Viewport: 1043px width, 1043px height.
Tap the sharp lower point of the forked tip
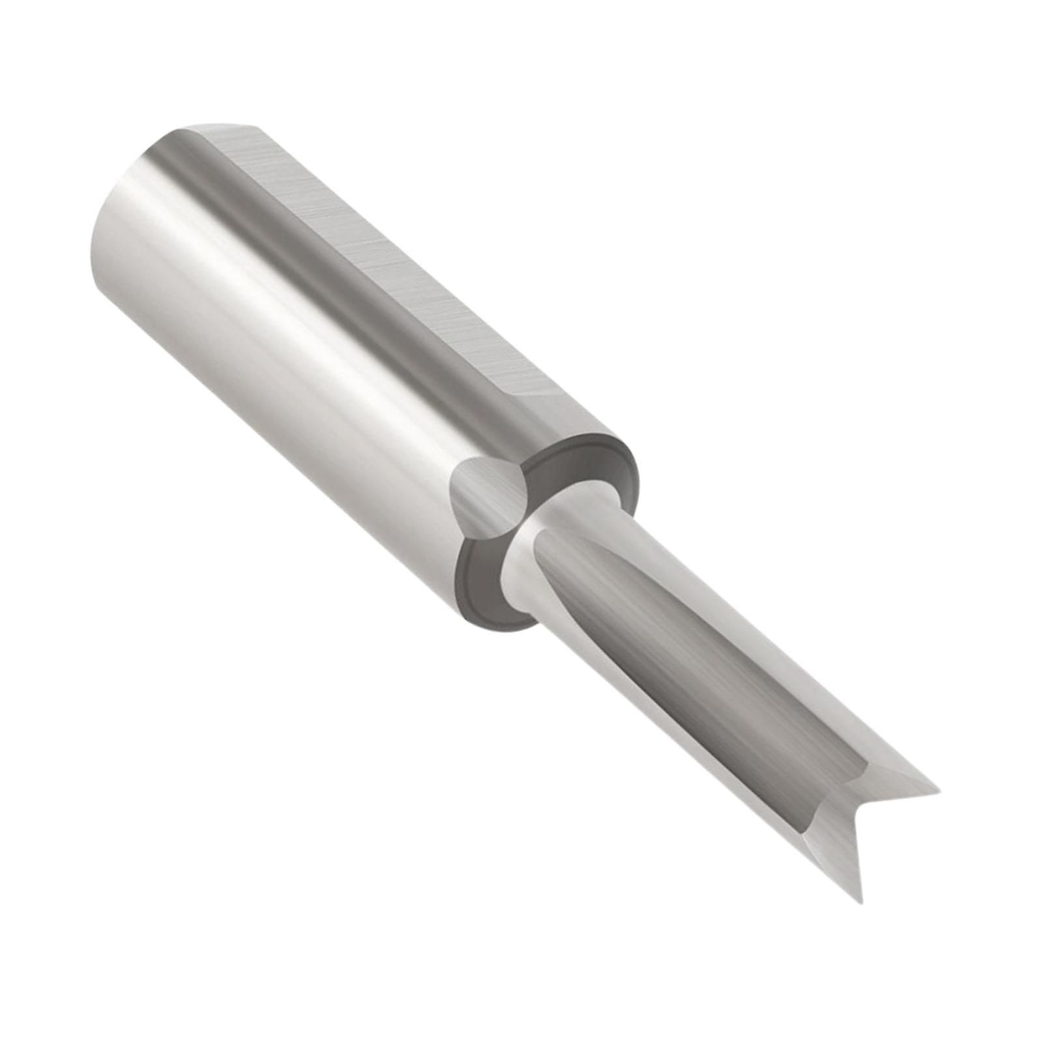pyautogui.click(x=861, y=901)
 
